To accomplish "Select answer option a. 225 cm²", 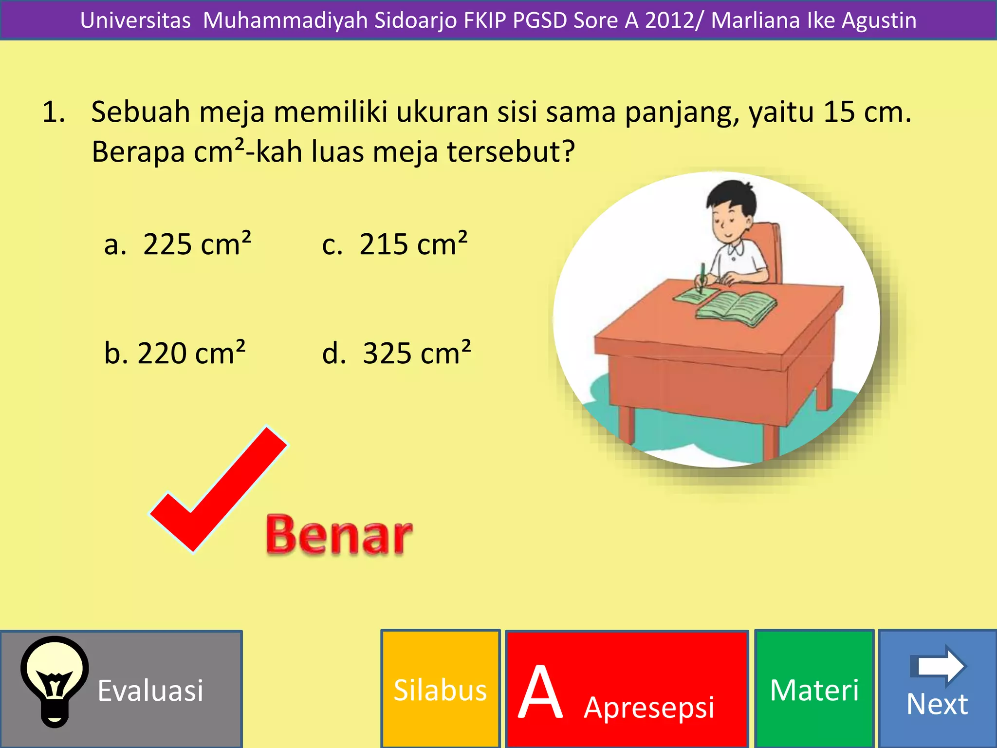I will (178, 243).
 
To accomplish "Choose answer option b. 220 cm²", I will (175, 353).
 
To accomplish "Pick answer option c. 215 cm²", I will (394, 243).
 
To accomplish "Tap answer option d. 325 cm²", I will (396, 353).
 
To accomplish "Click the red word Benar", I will (339, 535).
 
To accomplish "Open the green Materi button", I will (814, 690).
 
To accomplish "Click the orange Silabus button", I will (440, 690).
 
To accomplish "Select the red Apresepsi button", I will (627, 690).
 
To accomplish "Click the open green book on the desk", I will (736, 308).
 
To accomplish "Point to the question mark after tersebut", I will (568, 151).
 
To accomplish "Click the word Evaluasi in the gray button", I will (150, 691).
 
